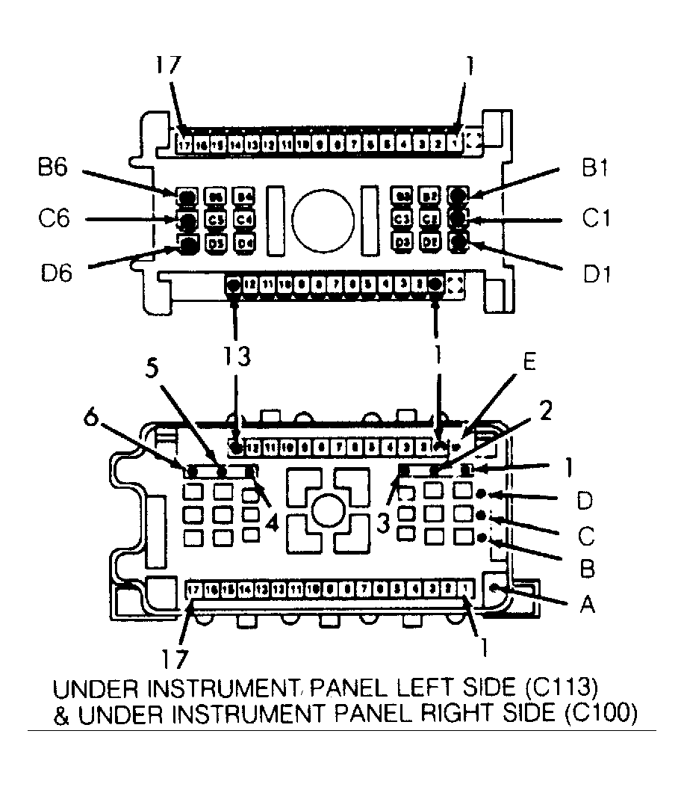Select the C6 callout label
pos(57,220)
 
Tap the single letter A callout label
pos(588,605)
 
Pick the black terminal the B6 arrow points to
pos(187,196)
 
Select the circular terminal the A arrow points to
pos(495,590)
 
